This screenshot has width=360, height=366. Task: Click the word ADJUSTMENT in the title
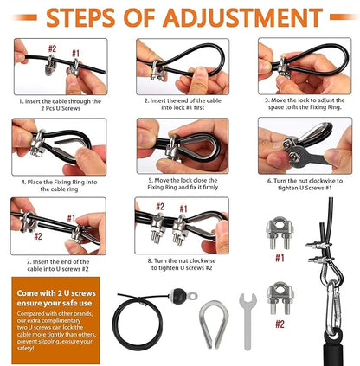click(240, 18)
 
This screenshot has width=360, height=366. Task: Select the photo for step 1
click(60, 65)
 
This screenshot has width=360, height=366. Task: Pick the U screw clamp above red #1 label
click(280, 234)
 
